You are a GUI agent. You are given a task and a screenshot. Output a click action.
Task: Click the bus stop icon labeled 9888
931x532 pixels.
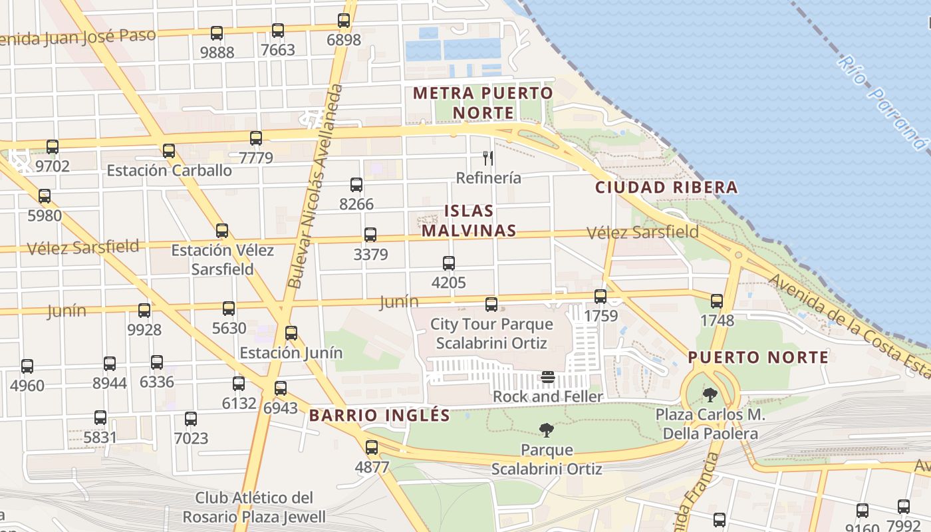217,33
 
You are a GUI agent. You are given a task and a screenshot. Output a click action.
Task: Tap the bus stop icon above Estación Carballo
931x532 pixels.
169,151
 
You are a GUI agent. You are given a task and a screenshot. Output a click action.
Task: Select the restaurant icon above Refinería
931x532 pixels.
488,158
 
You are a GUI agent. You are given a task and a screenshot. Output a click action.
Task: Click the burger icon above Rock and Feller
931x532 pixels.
548,378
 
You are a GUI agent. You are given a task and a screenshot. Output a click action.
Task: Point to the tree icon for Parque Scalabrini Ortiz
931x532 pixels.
547,430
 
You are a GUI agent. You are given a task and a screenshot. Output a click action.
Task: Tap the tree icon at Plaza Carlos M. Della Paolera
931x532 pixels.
710,395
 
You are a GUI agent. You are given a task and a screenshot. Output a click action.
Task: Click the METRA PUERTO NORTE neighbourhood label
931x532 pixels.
483,103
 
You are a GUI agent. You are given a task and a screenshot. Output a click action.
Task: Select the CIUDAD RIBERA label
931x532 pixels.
666,188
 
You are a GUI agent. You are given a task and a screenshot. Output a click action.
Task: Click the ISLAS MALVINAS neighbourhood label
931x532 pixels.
468,221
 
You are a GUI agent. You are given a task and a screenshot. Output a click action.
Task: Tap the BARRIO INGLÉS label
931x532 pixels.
380,416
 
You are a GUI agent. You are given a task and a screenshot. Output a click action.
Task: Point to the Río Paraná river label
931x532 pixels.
881,103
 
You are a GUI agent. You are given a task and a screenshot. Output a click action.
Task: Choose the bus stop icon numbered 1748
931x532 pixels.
717,301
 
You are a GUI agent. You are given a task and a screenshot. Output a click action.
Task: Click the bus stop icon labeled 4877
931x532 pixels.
372,448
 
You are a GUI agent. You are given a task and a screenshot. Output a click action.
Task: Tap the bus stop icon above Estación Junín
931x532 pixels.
291,333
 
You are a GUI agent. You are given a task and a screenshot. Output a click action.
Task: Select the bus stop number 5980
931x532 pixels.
45,196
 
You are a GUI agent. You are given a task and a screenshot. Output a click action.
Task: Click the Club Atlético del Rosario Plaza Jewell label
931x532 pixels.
254,507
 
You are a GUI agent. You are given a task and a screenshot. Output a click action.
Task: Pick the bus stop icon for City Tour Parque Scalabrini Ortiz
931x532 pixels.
491,305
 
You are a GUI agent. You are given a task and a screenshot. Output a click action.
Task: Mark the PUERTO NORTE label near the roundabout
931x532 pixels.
758,358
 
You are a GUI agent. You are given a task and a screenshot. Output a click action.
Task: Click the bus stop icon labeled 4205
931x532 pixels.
449,263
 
